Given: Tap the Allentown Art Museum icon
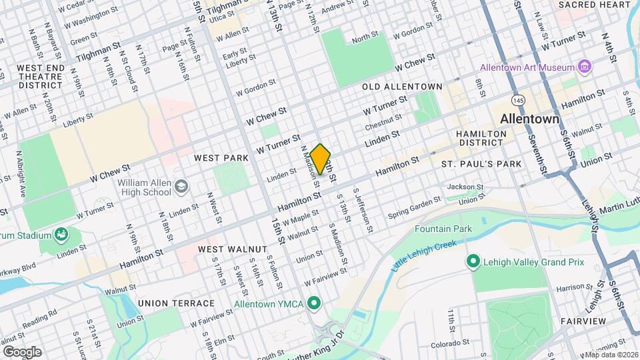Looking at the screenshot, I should click(585, 67).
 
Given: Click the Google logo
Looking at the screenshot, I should click(21, 351).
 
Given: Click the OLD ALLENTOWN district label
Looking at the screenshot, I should click(402, 87).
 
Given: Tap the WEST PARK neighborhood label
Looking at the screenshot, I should click(221, 158).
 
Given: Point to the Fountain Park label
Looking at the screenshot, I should click(443, 229).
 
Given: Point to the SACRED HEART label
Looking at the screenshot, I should click(594, 5).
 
